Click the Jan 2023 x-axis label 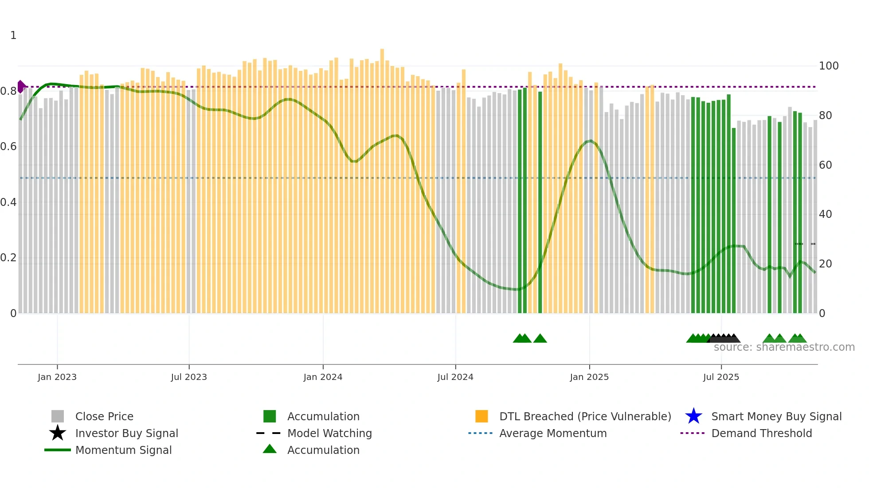(x=57, y=377)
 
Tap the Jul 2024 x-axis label (x=455, y=377)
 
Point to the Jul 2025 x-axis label (x=721, y=377)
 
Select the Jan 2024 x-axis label (x=323, y=377)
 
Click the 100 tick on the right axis (x=829, y=66)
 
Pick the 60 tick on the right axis (x=826, y=165)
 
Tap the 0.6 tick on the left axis (x=8, y=147)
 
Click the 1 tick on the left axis (x=13, y=35)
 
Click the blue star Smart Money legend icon (x=693, y=416)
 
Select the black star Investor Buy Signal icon (x=58, y=433)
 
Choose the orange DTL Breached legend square (x=481, y=416)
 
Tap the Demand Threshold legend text (x=761, y=433)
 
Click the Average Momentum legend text (x=553, y=433)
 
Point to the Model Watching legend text (x=329, y=433)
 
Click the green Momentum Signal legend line (x=58, y=450)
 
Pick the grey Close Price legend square (x=58, y=416)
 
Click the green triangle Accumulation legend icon (x=270, y=449)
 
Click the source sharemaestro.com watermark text (x=784, y=347)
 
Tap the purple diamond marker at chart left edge (x=21, y=86)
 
